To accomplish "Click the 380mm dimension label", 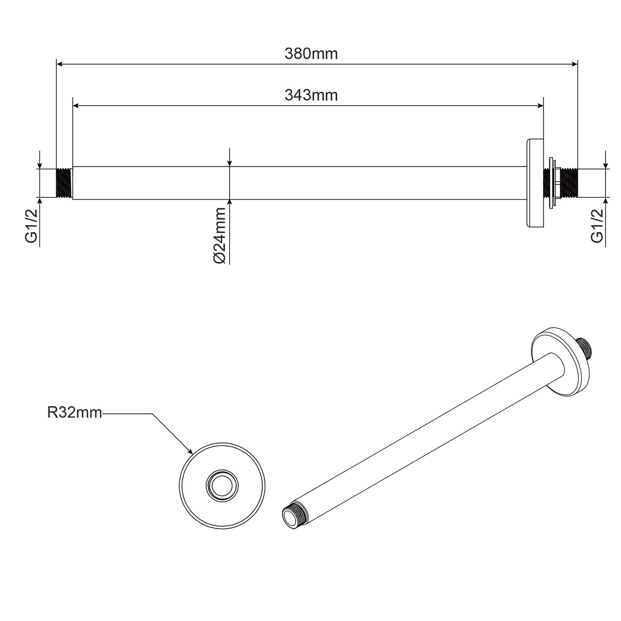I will pyautogui.click(x=311, y=54).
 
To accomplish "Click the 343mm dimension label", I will pyautogui.click(x=311, y=96).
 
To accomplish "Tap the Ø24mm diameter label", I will pyautogui.click(x=220, y=235).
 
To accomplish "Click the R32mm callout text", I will pyautogui.click(x=75, y=413).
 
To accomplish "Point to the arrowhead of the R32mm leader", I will pyautogui.click(x=191, y=452).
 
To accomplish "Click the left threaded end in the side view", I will pyautogui.click(x=64, y=183).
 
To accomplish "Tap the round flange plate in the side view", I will pyautogui.click(x=534, y=183).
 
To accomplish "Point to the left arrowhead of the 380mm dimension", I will pyautogui.click(x=59, y=64).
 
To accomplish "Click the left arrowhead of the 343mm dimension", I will pyautogui.click(x=75, y=106).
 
